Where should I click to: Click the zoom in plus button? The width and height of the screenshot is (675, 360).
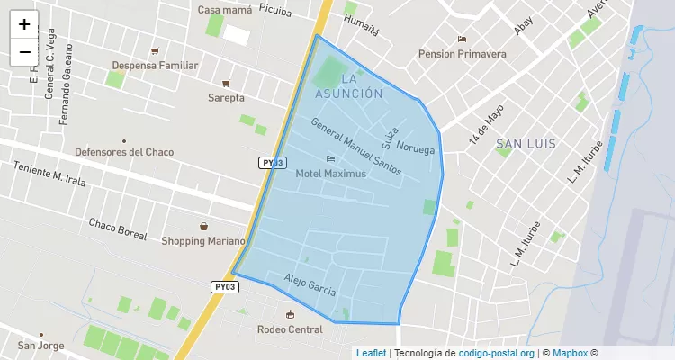[24, 24]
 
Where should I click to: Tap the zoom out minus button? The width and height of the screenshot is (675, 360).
[24, 52]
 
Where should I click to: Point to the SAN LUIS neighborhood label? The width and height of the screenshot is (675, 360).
[526, 144]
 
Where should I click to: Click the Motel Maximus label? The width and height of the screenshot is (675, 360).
[330, 173]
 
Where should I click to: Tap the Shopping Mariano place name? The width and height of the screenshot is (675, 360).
[202, 240]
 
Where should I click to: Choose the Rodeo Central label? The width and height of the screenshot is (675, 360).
[290, 328]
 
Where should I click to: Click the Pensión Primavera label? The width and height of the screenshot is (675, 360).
[462, 53]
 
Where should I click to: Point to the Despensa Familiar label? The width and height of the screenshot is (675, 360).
[154, 65]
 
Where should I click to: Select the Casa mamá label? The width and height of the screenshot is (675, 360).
[224, 10]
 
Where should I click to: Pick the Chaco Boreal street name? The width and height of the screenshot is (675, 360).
[117, 229]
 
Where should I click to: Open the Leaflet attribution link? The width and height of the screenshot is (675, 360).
[371, 353]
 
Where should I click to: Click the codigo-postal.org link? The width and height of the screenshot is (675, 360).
[497, 353]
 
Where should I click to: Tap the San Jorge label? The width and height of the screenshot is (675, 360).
[40, 346]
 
